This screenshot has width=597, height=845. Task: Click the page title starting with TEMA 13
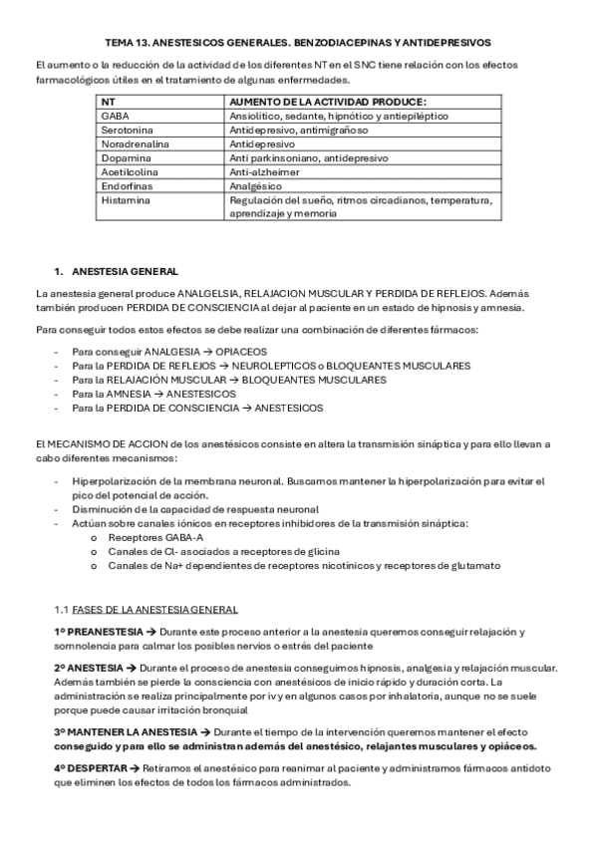tap(298, 43)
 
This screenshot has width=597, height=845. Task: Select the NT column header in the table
tap(107, 102)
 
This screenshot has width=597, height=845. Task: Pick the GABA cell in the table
tap(115, 116)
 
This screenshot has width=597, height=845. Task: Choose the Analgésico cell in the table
tap(256, 185)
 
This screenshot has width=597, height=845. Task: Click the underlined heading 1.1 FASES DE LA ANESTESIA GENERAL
tap(146, 609)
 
